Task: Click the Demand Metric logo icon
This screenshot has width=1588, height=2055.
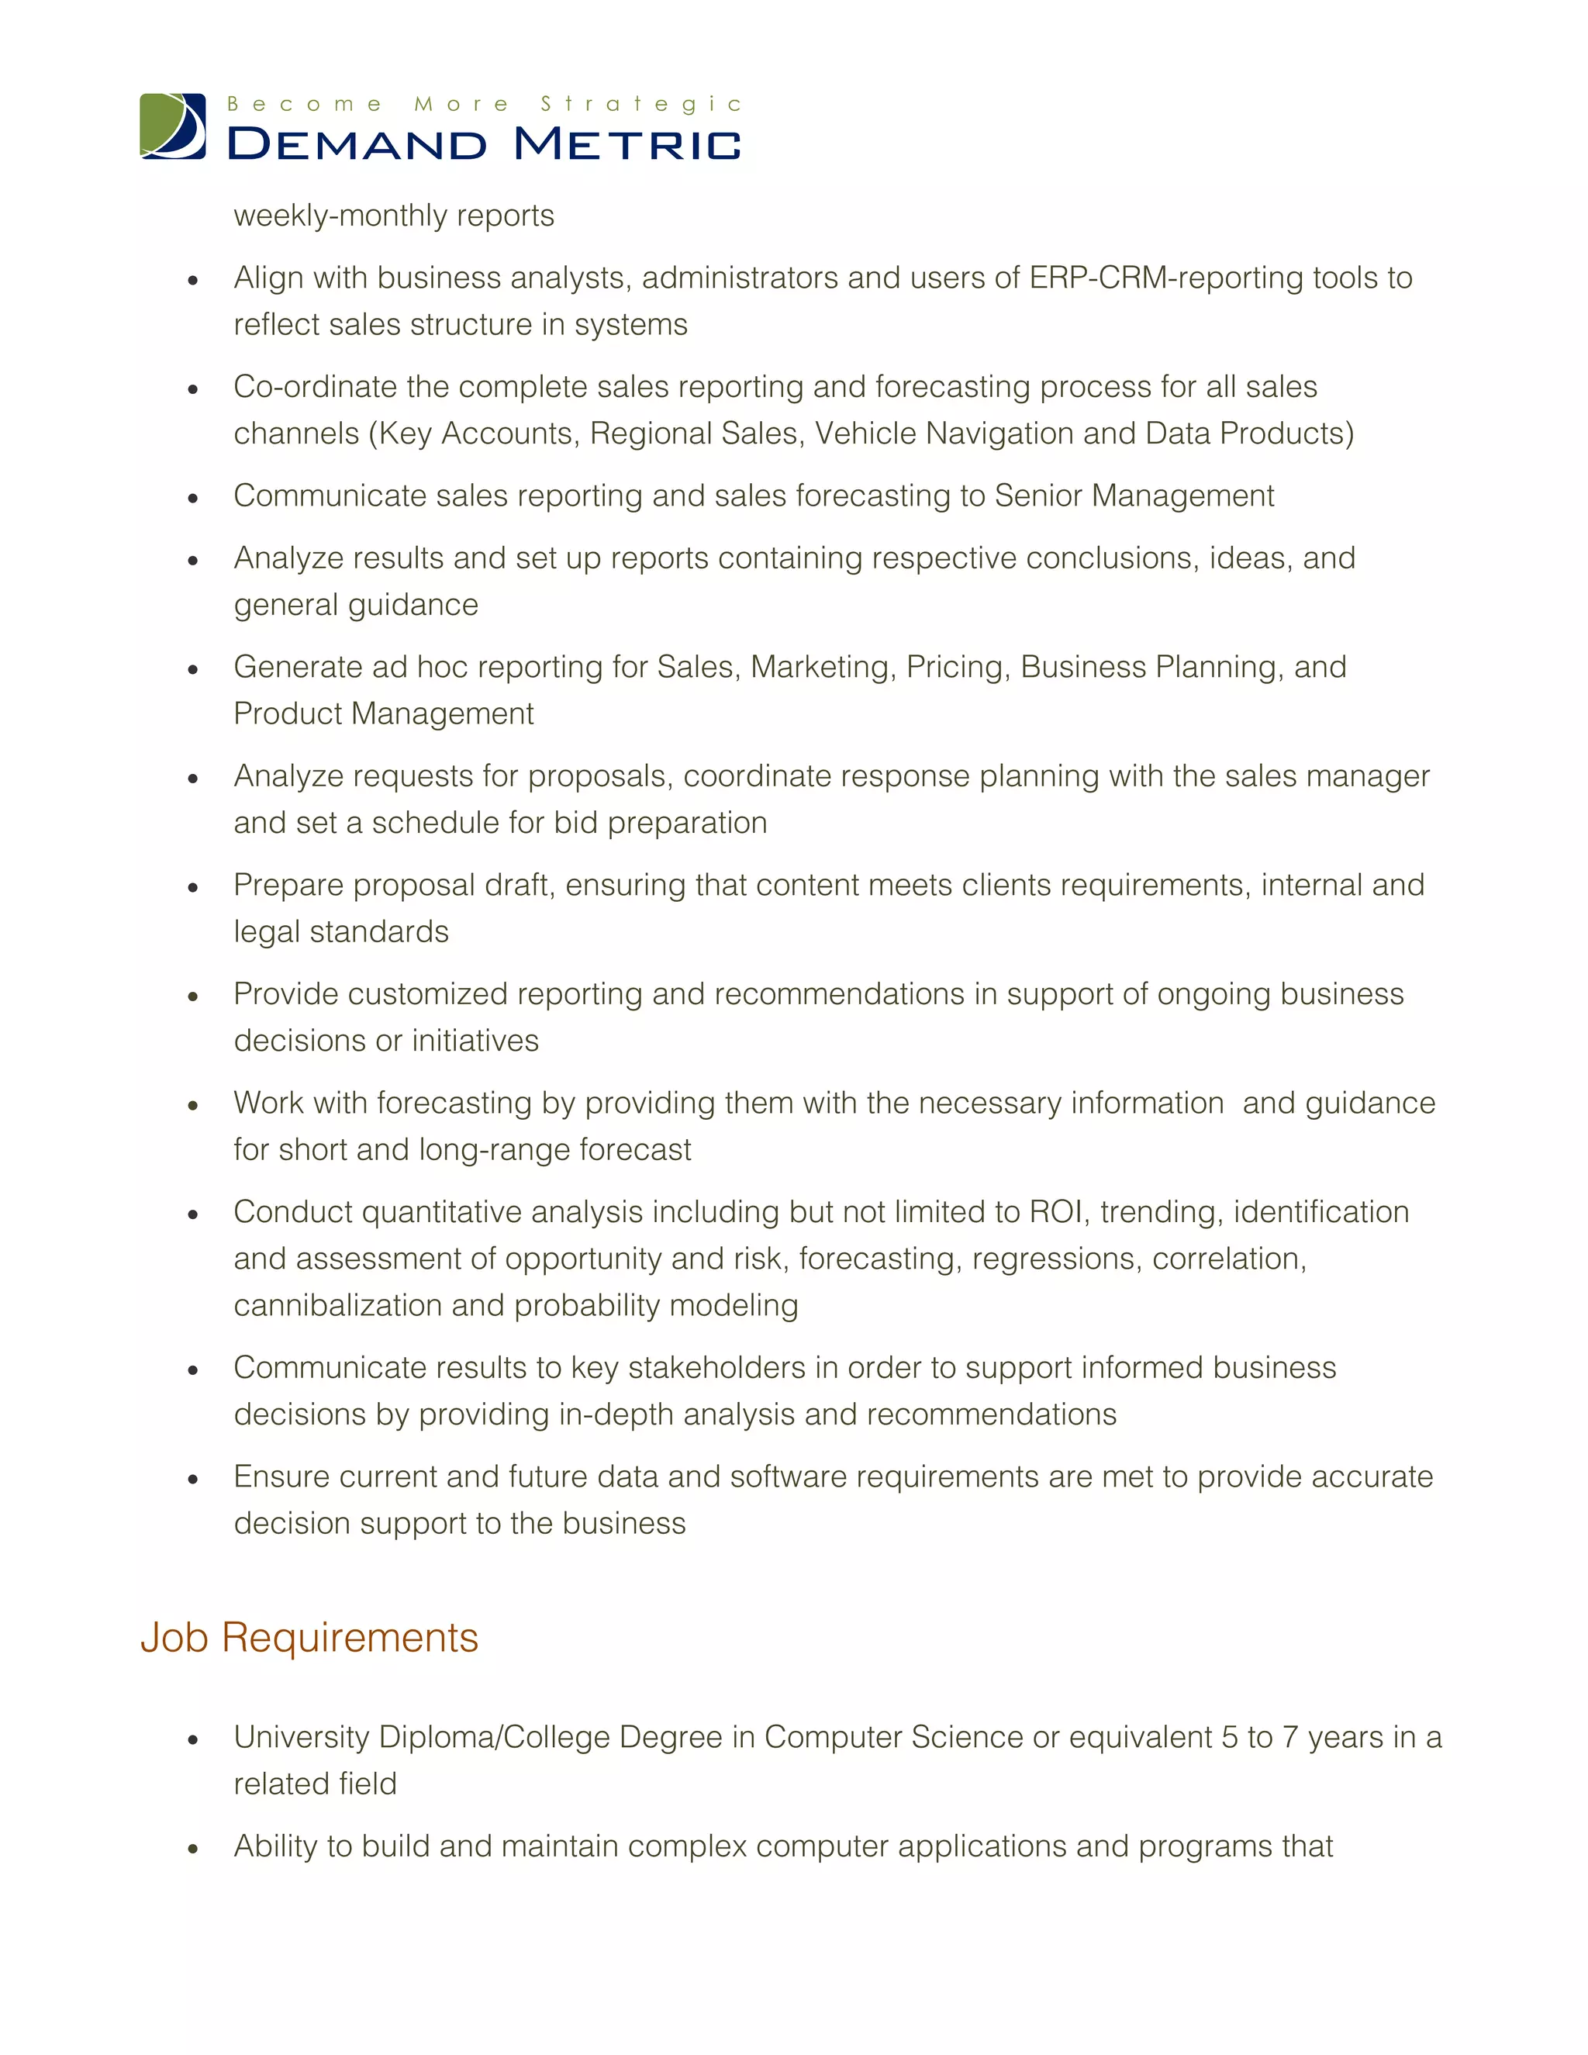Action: [173, 126]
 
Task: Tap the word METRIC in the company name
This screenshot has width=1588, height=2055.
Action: [627, 144]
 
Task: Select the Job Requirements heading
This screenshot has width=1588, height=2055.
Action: [309, 1638]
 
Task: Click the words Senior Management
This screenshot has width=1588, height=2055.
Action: [1134, 496]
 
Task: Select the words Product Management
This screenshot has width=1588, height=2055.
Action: [383, 714]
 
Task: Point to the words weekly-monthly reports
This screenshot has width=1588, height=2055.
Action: [393, 216]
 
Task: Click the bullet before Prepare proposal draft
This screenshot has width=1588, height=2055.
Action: [193, 887]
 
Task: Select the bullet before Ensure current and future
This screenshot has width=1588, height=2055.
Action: [193, 1479]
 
